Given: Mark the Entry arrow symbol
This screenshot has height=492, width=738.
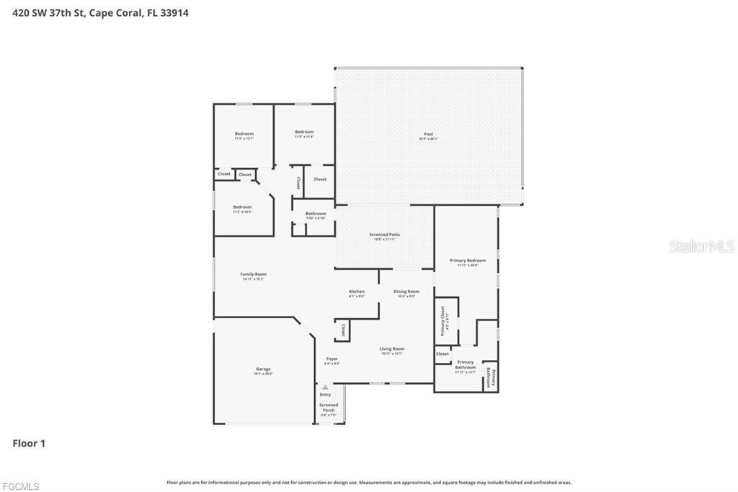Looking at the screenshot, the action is [x=325, y=387].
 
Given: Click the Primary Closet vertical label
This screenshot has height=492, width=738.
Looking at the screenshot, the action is [x=443, y=320].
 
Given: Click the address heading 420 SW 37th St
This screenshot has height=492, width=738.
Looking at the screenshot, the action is [x=100, y=12].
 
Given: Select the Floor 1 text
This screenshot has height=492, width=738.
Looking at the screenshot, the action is [x=29, y=444].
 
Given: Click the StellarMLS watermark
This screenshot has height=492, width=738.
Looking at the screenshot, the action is [x=702, y=247].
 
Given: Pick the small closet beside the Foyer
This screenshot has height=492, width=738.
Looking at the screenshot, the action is [x=342, y=330].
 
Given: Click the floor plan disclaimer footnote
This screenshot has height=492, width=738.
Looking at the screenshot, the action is [x=369, y=483].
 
